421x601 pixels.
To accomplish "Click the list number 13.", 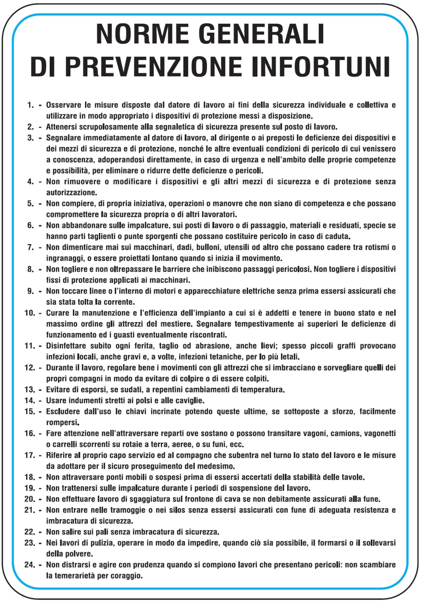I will pyautogui.click(x=30, y=390).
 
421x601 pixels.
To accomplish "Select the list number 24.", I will pyautogui.click(x=30, y=565).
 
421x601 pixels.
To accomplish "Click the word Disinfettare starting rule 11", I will pyautogui.click(x=66, y=346).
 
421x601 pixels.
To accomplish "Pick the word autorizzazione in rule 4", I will pyautogui.click(x=71, y=192).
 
